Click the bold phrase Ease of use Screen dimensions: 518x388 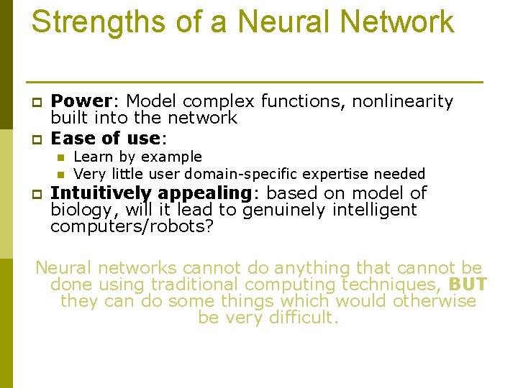(x=104, y=137)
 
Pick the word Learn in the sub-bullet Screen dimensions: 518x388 (x=91, y=157)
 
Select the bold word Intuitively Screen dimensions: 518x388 (x=101, y=193)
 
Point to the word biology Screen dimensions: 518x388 (x=77, y=211)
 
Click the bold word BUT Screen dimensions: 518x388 (x=468, y=285)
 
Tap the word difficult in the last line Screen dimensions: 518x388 (x=300, y=318)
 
